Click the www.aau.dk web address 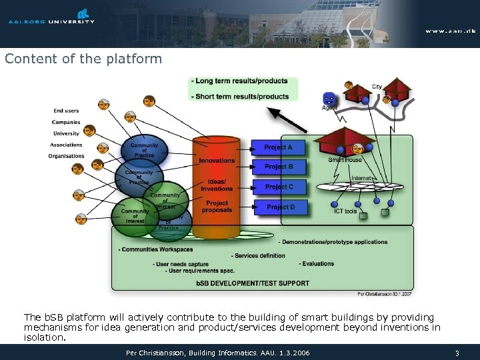[x=450, y=31]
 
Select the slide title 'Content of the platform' [x=83, y=59]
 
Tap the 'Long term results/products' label [x=241, y=81]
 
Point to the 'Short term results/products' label [x=241, y=96]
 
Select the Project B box [x=278, y=167]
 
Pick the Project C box [x=278, y=187]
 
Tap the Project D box [x=279, y=207]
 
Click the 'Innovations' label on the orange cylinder [x=217, y=161]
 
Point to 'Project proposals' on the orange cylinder [x=217, y=207]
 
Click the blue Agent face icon [x=329, y=98]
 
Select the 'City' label [x=377, y=87]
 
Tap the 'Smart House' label [x=345, y=160]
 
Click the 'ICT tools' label [x=345, y=211]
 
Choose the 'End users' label [x=66, y=111]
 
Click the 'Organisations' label [x=66, y=156]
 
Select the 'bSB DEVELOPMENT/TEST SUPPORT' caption [x=253, y=283]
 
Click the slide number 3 [x=457, y=352]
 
